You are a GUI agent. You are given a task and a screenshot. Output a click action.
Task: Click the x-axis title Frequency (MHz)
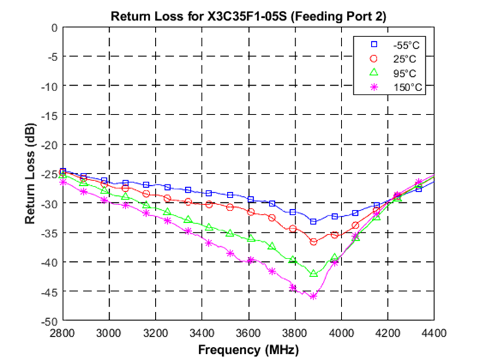point(248,350)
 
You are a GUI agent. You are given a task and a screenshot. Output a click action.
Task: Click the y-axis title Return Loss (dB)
point(31,174)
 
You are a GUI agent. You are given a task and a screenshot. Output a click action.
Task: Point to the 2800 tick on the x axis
point(62,333)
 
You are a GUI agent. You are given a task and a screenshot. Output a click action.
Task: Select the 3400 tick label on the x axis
point(202,333)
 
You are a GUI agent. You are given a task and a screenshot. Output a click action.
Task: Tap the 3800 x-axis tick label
point(295,333)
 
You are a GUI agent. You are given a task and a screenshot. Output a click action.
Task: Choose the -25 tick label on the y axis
point(49,174)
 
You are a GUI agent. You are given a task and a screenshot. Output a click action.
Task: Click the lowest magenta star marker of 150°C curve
point(313,296)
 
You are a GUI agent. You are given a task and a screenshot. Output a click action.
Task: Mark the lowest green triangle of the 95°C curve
point(313,274)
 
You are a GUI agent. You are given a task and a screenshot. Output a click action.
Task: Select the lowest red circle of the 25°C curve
point(313,242)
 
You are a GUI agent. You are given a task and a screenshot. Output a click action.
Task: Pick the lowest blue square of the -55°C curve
point(313,221)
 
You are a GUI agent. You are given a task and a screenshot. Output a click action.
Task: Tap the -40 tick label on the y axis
point(49,262)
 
